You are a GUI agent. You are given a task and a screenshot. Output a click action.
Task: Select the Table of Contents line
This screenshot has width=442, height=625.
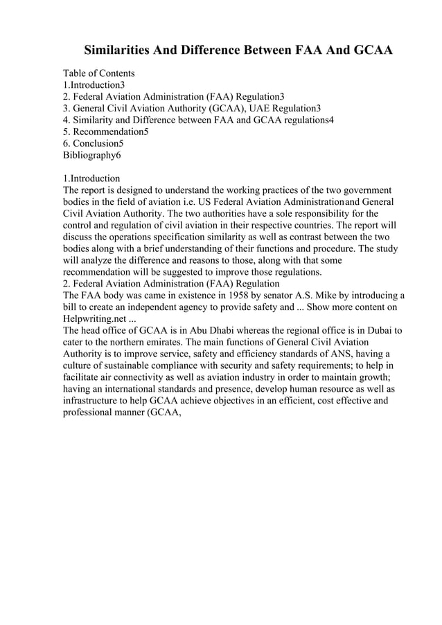tap(99, 73)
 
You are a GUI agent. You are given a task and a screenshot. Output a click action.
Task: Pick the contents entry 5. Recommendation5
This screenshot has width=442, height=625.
tap(106, 132)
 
